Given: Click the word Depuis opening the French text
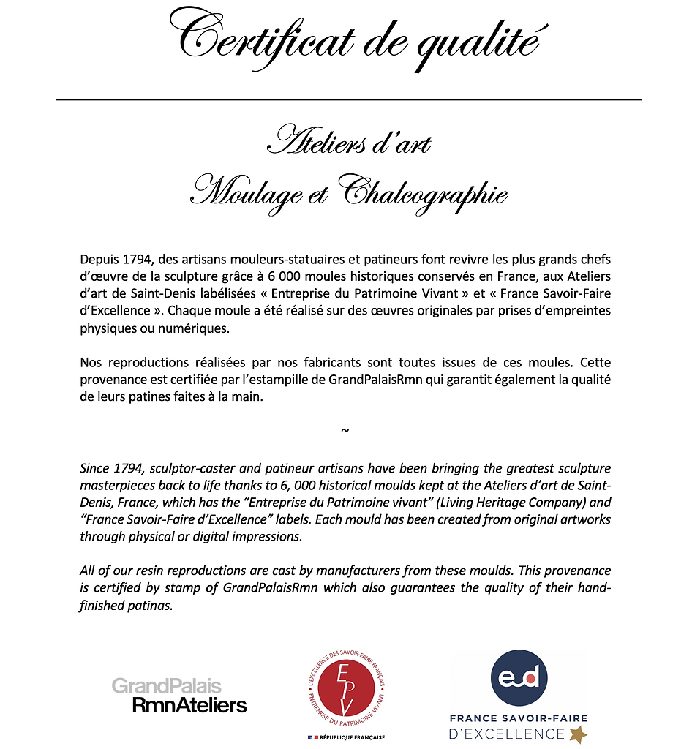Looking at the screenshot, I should pyautogui.click(x=99, y=260).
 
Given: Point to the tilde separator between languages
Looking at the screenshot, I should pyautogui.click(x=345, y=429).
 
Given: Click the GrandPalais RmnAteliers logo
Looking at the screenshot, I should pyautogui.click(x=179, y=696).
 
